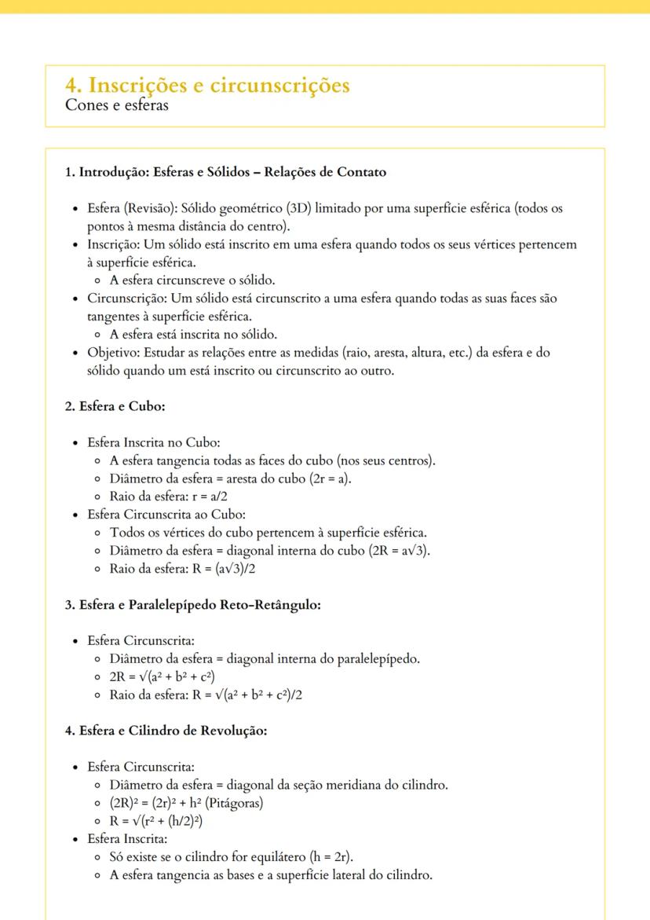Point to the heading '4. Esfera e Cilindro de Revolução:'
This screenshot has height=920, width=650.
pyautogui.click(x=166, y=731)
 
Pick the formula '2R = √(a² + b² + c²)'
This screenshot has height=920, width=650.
pyautogui.click(x=162, y=676)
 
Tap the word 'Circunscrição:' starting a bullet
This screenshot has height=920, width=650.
pyautogui.click(x=126, y=299)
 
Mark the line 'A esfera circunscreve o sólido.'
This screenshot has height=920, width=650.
pyautogui.click(x=192, y=280)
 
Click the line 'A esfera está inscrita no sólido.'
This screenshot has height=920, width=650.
pyautogui.click(x=193, y=334)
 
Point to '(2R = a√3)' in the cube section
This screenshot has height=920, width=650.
pyautogui.click(x=400, y=551)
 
